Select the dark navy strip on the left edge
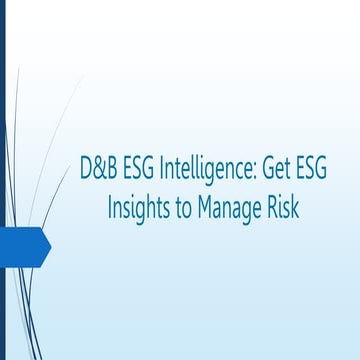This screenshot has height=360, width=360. tap(2, 180)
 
